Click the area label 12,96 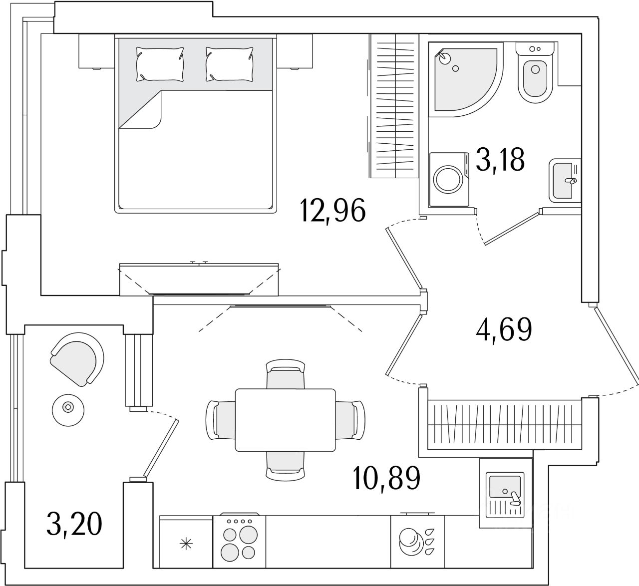tap(333, 211)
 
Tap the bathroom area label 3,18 tap(500, 160)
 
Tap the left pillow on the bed tap(160, 64)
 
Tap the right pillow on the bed tap(229, 64)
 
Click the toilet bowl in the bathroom tap(536, 80)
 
